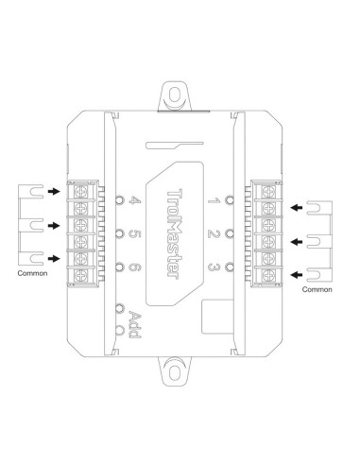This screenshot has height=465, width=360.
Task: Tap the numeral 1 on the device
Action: (x=214, y=199)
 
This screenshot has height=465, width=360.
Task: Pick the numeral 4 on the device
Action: (x=135, y=199)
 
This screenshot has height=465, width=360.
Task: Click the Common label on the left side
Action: (x=32, y=271)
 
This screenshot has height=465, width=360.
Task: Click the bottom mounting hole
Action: (x=180, y=370)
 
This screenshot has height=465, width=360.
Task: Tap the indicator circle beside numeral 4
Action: (x=118, y=199)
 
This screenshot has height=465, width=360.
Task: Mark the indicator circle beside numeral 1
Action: (x=231, y=199)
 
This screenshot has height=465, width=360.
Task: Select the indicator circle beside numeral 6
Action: (x=118, y=266)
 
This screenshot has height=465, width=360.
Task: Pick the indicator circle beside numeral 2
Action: (x=231, y=232)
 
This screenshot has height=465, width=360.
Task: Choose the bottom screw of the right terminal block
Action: (x=272, y=275)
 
